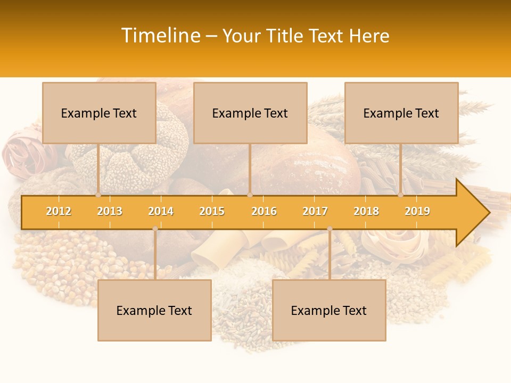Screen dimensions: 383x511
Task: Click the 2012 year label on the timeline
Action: click(x=59, y=211)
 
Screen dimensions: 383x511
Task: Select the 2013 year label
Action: click(x=110, y=211)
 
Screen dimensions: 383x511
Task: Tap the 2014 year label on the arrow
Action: click(x=161, y=211)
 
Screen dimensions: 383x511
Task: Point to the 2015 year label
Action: click(x=212, y=211)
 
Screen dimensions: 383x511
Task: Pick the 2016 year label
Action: click(x=264, y=211)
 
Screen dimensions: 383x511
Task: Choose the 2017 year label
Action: click(x=315, y=211)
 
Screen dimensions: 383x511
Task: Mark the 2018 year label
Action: click(x=366, y=211)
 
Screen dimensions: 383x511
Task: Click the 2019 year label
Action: click(x=417, y=211)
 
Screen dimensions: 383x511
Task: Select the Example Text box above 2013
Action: click(x=99, y=113)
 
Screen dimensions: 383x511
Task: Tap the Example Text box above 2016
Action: click(x=250, y=113)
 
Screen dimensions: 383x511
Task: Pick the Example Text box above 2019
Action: click(x=401, y=113)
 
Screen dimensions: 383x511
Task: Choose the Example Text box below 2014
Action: click(x=154, y=310)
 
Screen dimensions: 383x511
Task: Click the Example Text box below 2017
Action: click(x=329, y=310)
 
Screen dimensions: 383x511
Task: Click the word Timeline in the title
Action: click(x=160, y=36)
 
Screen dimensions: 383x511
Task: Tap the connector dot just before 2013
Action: click(x=98, y=195)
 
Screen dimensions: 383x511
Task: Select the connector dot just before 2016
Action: click(x=250, y=195)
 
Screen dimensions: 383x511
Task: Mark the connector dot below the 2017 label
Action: click(x=329, y=229)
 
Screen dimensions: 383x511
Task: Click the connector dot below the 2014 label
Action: click(x=155, y=229)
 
